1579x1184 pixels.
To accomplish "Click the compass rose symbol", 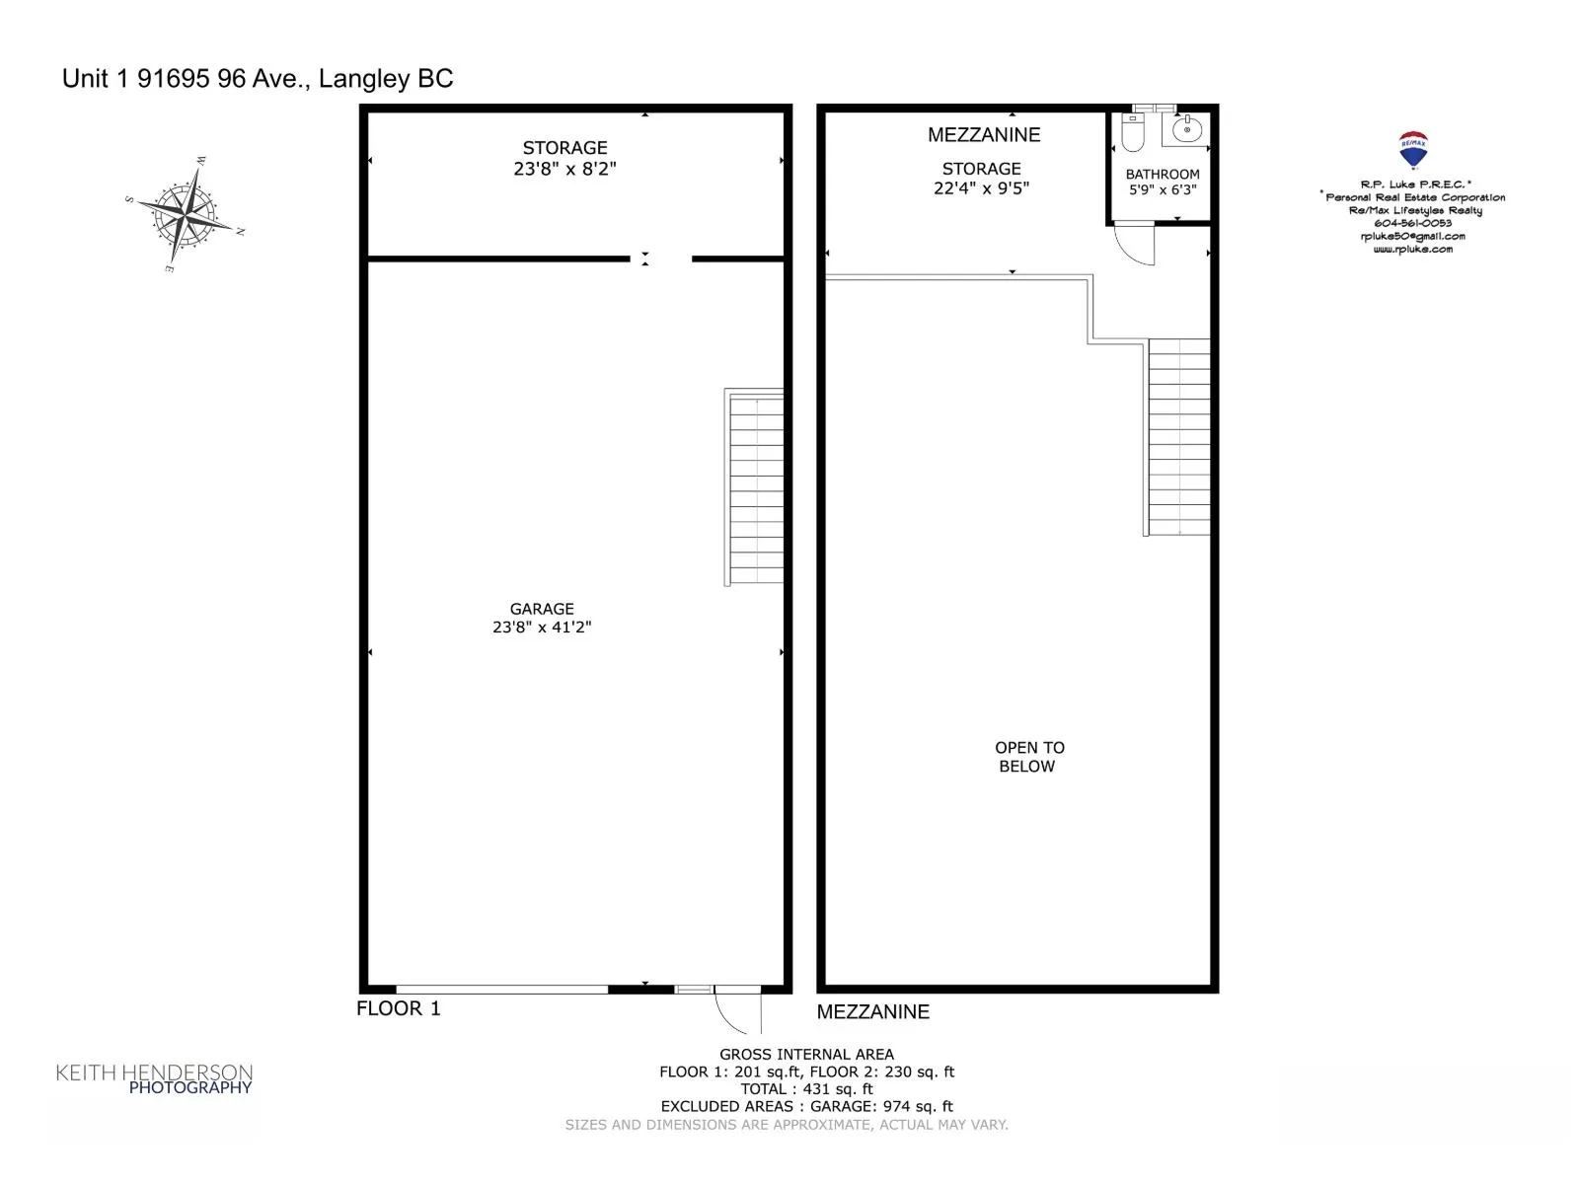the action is pos(186,213).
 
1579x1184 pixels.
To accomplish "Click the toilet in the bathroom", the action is pos(1132,132).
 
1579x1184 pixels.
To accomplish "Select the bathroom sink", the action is pos(1186,129).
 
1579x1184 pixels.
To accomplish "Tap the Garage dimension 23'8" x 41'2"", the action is pos(542,627).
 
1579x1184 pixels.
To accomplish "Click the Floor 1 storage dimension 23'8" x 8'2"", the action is pos(564,168).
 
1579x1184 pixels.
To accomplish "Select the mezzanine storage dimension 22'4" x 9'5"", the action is pos(981,187).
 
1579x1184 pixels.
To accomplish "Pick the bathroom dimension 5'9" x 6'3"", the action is pos(1163,189).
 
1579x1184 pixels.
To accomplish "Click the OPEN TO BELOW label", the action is pos(1028,757).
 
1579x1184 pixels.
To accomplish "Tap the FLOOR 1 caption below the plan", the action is pos(398,1008).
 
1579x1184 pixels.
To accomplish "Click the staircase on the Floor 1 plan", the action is pos(754,487).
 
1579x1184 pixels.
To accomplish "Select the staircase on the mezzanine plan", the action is pos(1178,437).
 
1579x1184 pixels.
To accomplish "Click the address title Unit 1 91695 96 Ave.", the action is pos(258,78).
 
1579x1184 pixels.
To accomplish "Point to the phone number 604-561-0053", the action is pos(1413,223).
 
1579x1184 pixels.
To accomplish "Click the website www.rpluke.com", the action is pos(1413,250).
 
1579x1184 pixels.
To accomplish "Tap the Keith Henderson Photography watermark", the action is pos(154,1078).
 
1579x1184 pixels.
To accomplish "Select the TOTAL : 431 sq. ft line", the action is pos(806,1088).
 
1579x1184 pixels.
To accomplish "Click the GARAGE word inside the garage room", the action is pos(542,609).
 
